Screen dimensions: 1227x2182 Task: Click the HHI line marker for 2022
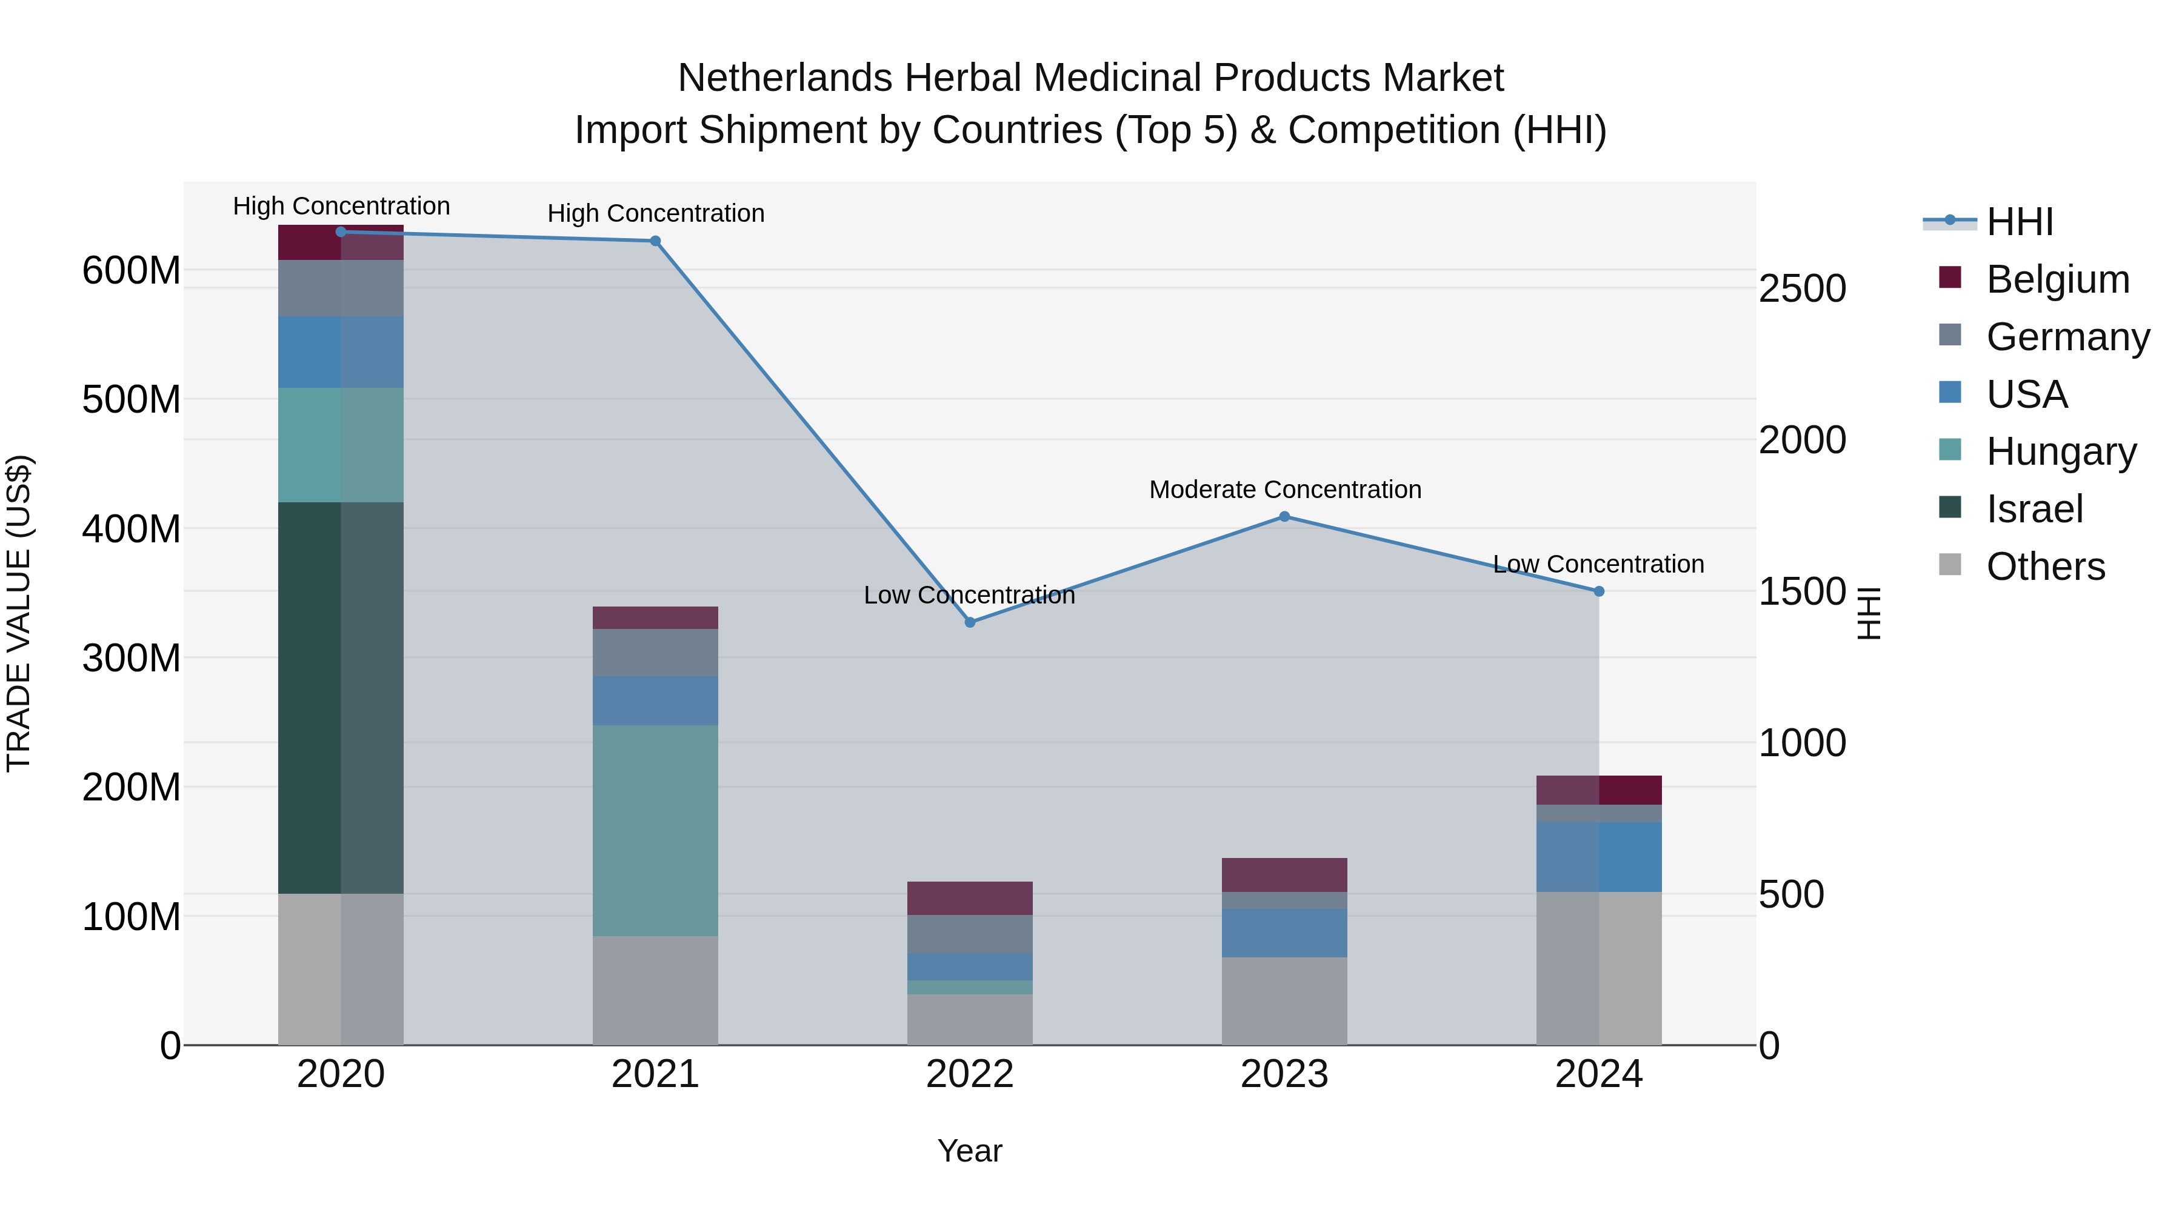tap(970, 622)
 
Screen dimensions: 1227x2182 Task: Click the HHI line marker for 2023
tap(1284, 516)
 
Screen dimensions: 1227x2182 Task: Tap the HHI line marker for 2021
tap(655, 241)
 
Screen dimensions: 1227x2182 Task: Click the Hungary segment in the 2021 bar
tap(655, 830)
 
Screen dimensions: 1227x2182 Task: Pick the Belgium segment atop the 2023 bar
tap(1284, 875)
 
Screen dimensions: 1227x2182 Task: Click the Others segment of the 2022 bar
tap(970, 1020)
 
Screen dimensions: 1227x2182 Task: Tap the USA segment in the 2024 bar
tap(1598, 856)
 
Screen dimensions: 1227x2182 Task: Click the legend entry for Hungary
tap(2060, 451)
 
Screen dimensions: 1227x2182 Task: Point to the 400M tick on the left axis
tap(132, 529)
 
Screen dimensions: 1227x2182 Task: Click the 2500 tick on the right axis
tap(1802, 289)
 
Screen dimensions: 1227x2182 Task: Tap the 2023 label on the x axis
tap(1284, 1074)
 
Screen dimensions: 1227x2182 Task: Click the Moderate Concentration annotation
tap(1284, 490)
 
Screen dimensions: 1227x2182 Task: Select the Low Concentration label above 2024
tap(1598, 564)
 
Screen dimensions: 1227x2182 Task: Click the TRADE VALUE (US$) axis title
tap(19, 613)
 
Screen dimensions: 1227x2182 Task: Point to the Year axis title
tap(969, 1151)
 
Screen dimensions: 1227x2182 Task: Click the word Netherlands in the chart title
tap(784, 78)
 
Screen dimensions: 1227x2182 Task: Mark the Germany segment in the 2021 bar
tap(655, 652)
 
